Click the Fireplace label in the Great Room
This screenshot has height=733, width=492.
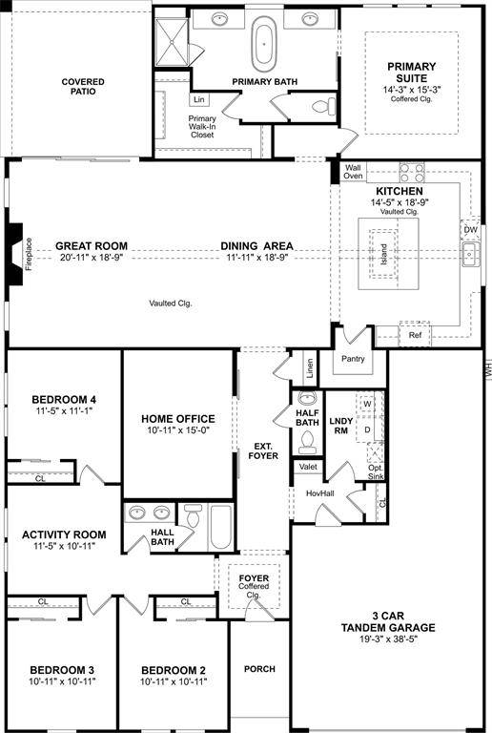[x=29, y=255]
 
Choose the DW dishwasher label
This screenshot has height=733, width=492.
[x=470, y=230]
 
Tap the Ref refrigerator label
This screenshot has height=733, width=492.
[x=415, y=336]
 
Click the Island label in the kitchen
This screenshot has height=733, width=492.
[x=384, y=255]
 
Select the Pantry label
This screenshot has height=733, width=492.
[x=354, y=358]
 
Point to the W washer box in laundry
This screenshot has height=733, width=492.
[x=367, y=404]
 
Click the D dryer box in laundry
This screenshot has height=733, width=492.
[x=367, y=429]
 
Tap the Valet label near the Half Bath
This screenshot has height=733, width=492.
[x=308, y=467]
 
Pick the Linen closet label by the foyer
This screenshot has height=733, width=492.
[x=309, y=366]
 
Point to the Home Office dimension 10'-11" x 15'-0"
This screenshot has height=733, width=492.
[x=177, y=431]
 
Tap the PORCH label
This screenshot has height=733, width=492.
[x=259, y=669]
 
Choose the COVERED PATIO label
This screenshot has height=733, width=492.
[x=83, y=89]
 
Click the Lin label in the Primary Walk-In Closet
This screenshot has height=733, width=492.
[x=198, y=99]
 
